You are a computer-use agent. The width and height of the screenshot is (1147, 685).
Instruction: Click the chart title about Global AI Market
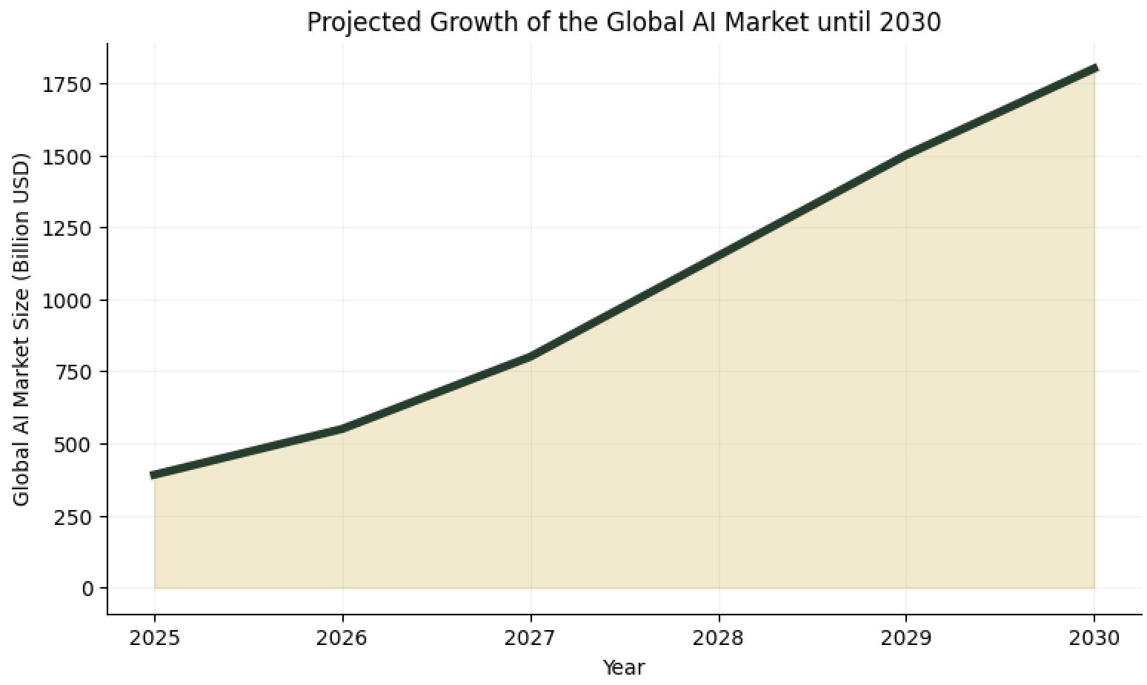pos(624,22)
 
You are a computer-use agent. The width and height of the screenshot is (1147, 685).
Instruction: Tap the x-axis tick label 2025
pos(154,638)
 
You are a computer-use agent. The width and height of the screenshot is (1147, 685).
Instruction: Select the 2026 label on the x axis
pos(342,638)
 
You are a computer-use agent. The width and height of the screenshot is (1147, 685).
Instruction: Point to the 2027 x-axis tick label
pos(531,638)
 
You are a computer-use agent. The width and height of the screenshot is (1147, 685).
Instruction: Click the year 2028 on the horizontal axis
pos(719,638)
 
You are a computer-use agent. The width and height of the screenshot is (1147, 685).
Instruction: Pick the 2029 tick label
pos(906,638)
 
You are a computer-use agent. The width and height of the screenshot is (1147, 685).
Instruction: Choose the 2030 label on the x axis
pos(1094,638)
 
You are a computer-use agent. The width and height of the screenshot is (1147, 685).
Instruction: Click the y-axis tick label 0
pos(88,589)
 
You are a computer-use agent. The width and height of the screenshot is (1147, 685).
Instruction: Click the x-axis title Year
pos(624,667)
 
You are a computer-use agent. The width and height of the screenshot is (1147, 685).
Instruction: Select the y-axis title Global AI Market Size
pos(21,329)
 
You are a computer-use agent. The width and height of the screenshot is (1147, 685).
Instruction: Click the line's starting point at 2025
pos(154,475)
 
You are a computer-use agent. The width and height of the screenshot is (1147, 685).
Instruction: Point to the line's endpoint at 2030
pos(1094,69)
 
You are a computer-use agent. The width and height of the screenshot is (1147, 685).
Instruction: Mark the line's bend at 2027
pos(531,357)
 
